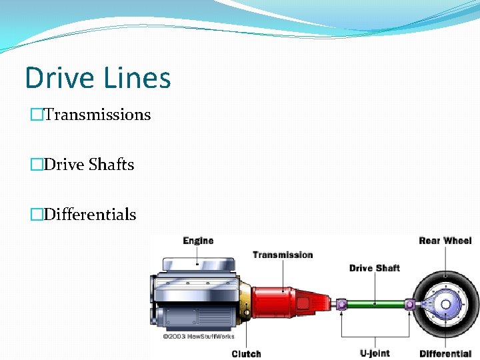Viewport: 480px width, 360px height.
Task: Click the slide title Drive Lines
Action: [98, 78]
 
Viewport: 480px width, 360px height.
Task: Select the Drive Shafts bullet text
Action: [89, 165]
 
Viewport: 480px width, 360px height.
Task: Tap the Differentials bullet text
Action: [90, 215]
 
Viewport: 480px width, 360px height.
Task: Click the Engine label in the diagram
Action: [198, 241]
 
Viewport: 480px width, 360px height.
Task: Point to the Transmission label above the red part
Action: [283, 255]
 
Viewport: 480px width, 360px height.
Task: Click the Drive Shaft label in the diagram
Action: [374, 268]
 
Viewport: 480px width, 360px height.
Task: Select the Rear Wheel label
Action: [445, 241]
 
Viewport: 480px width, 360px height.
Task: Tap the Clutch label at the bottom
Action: [246, 353]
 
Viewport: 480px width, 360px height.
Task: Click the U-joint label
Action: [374, 353]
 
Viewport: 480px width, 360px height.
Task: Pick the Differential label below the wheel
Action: [445, 353]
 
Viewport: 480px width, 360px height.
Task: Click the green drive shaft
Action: [375, 304]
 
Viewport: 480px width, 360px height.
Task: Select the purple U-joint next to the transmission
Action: [341, 304]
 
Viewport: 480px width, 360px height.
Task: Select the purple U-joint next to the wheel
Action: [409, 304]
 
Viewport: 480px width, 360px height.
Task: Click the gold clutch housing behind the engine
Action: [245, 300]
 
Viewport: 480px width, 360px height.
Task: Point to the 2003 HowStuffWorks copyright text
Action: [199, 336]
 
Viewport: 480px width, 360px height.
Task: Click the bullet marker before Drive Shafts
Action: [35, 165]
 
